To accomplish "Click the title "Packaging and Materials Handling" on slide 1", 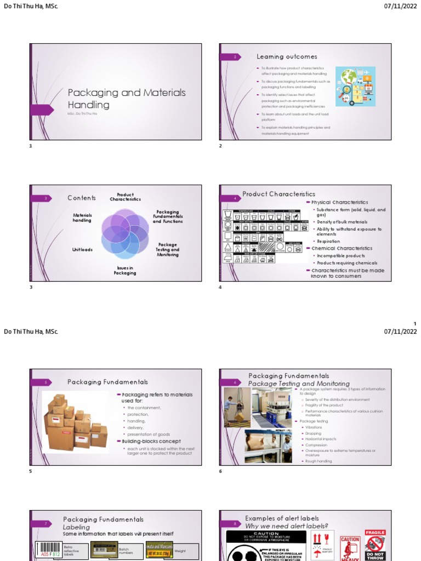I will point(127,99).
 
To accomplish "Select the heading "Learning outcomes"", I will point(287,56).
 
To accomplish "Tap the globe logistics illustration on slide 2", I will point(355,86).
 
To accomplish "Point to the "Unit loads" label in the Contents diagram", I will point(82,250).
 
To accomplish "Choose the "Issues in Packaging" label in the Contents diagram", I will point(125,270).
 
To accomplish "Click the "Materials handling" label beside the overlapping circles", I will point(82,217).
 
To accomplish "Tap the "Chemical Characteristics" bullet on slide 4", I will point(342,248).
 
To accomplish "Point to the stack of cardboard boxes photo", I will point(76,422).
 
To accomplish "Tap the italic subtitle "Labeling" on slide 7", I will point(76,527).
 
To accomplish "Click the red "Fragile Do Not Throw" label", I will point(376,545).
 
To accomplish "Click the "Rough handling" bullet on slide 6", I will point(318,461).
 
